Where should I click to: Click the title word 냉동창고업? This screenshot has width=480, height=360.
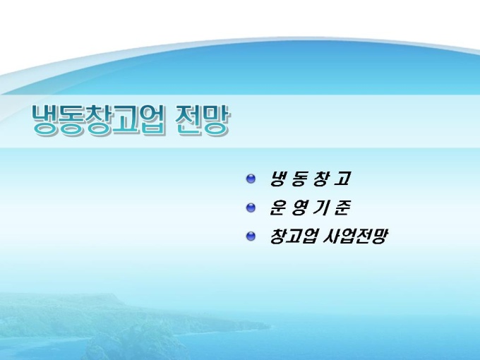tap(99, 120)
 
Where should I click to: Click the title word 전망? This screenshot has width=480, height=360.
tap(203, 120)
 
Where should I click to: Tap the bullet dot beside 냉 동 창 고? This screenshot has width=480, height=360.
tap(251, 179)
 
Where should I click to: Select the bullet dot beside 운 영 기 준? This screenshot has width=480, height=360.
tap(251, 208)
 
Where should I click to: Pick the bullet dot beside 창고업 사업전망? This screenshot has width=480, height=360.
tap(251, 236)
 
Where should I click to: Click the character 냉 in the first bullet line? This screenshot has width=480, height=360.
tap(277, 179)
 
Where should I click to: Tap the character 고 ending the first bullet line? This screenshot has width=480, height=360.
tap(342, 179)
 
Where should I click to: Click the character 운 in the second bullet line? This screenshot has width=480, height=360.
tap(277, 208)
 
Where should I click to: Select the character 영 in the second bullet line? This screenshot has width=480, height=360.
tap(299, 208)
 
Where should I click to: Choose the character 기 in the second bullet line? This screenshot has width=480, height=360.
tap(320, 208)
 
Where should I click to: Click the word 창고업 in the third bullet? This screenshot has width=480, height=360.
tap(293, 236)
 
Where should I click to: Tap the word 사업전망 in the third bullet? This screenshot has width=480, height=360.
tap(356, 236)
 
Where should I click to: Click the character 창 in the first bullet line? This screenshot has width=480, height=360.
tap(320, 179)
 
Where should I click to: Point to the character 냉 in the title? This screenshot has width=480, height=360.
tap(45, 120)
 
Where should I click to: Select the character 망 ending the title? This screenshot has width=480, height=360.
tap(216, 120)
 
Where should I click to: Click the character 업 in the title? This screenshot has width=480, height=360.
tap(152, 120)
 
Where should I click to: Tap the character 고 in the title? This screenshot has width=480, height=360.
tap(126, 120)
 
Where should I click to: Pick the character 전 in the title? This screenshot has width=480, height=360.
tap(189, 120)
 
